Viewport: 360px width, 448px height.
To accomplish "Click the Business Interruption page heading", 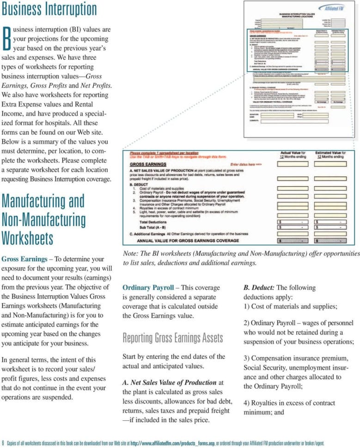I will pos(49,9).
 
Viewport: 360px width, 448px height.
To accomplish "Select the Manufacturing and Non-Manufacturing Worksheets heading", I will pos(43,219).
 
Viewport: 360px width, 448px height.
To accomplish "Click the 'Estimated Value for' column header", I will pos(330,152).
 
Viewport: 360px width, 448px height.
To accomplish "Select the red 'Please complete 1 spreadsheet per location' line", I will pos(164,152).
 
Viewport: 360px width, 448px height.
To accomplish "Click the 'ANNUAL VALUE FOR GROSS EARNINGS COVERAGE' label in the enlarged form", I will pos(188,241).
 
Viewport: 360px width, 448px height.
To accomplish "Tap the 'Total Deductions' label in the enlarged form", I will pos(153,222).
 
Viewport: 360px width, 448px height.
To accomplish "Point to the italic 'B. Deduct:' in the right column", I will pos(259,287).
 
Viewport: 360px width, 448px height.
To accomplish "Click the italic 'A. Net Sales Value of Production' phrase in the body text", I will pos(170,382).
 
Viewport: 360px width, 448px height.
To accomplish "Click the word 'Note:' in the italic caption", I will pos(131,253).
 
